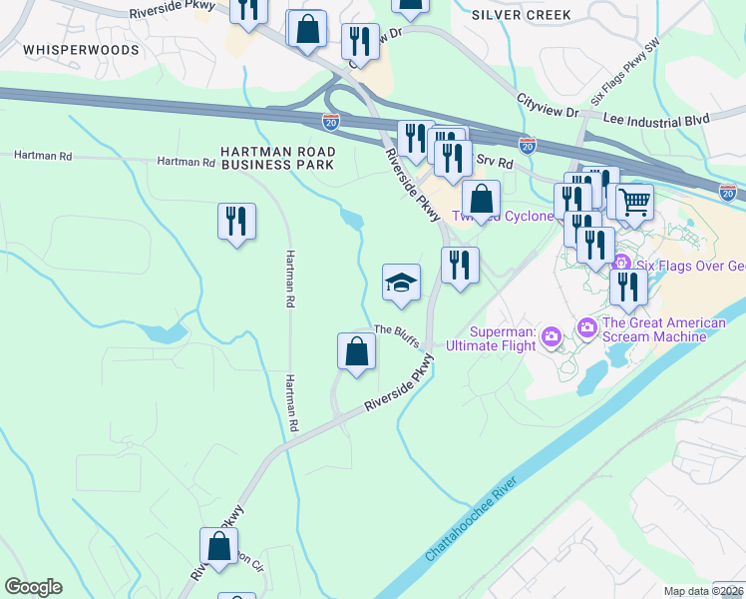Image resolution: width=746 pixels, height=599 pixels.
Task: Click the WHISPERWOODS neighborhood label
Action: [x=66, y=49]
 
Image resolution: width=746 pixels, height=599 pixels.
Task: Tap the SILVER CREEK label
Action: [x=522, y=15]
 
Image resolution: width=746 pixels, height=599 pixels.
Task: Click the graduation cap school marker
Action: [x=401, y=284]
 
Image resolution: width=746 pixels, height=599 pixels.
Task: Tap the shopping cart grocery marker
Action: [x=634, y=203]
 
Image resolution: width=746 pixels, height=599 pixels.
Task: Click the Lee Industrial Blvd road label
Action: [x=656, y=120]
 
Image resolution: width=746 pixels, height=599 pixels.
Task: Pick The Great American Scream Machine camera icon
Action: [x=586, y=326]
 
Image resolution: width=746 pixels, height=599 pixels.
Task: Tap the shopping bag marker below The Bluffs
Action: [x=356, y=350]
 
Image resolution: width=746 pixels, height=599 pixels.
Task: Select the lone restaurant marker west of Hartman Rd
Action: [x=236, y=222]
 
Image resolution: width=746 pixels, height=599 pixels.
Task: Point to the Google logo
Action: [x=33, y=587]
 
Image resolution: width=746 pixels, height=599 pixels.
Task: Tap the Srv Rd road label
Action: [x=494, y=162]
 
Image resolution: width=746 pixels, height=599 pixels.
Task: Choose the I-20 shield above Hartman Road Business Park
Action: [x=331, y=120]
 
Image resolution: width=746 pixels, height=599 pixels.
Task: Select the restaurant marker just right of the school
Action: [x=459, y=266]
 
